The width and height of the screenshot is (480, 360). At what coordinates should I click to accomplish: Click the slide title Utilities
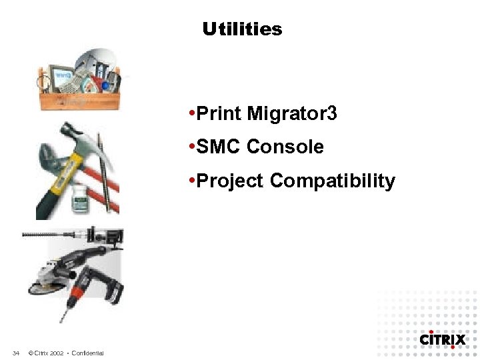(x=243, y=29)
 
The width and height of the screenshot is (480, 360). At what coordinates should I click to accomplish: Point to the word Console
(x=285, y=147)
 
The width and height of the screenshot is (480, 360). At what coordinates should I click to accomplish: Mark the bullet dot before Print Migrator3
(x=191, y=114)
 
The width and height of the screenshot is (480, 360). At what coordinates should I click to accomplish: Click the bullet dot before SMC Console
(x=191, y=147)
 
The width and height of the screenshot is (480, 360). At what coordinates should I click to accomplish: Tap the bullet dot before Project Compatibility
(x=191, y=180)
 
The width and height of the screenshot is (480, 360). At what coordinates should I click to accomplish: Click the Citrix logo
(x=442, y=339)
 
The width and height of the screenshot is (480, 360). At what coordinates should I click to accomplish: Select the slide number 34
(x=16, y=353)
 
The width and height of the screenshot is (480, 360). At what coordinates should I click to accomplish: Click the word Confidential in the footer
(x=87, y=353)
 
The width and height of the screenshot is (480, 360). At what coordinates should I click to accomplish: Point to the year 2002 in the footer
(x=56, y=353)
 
